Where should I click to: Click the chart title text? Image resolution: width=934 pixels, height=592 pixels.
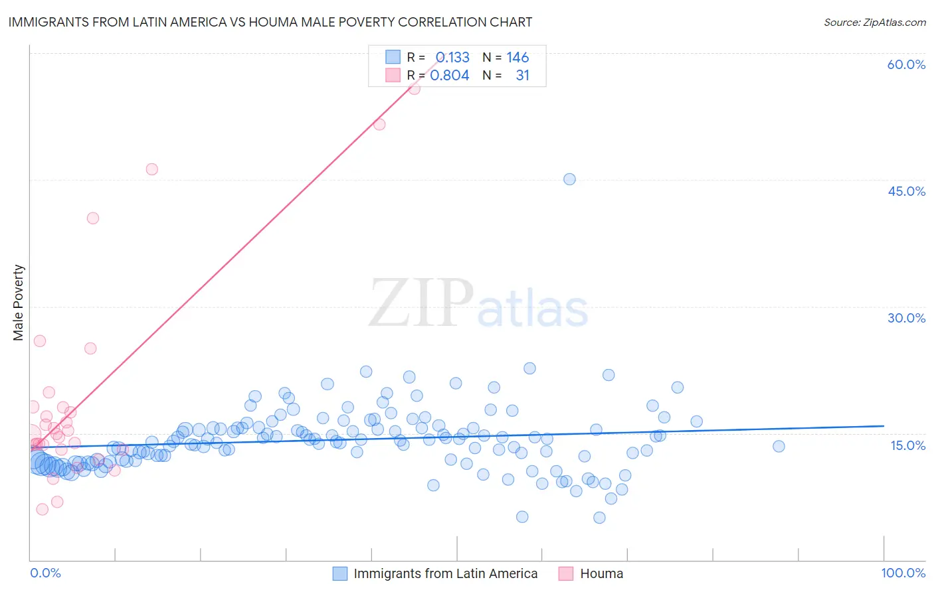270,22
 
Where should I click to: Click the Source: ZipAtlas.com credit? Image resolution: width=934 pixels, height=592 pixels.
874,23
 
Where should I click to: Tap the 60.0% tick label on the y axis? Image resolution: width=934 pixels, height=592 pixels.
906,64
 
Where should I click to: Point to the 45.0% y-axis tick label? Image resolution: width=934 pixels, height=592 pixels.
906,191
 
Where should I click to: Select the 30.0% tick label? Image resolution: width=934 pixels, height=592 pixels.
906,318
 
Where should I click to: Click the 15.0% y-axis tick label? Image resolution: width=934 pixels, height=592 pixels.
907,445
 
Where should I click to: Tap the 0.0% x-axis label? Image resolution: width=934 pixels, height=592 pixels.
45,573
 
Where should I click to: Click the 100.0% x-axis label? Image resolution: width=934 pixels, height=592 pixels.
903,573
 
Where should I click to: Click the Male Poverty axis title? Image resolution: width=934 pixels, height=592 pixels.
19,303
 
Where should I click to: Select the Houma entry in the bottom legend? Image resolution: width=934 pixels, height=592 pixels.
601,573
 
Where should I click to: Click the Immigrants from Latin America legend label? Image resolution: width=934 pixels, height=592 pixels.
445,573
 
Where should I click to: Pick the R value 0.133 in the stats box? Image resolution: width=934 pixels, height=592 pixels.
452,58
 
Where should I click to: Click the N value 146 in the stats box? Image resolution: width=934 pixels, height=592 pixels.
517,58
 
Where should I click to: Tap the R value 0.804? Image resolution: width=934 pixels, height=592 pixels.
450,76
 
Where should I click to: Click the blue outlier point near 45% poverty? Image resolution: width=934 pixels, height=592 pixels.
569,179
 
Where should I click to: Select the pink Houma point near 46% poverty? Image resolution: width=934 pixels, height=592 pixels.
151,169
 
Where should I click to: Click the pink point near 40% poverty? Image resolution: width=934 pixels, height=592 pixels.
93,218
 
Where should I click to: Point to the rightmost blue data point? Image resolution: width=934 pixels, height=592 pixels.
779,446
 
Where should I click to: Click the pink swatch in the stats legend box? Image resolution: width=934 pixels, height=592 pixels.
393,76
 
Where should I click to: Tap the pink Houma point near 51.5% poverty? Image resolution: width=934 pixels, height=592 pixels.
379,124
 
